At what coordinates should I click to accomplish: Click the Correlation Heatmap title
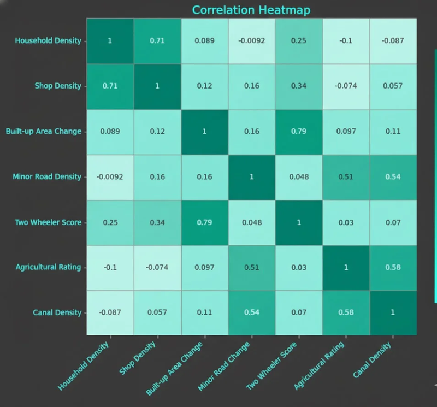[x=251, y=10]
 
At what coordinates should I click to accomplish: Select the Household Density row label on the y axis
[x=48, y=40]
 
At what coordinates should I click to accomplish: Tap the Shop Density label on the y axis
[x=58, y=86]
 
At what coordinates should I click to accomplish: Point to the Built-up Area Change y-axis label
[x=44, y=131]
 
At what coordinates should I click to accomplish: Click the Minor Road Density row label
[x=47, y=176]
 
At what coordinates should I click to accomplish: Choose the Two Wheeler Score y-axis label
[x=48, y=222]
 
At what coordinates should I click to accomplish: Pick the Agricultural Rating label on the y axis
[x=48, y=267]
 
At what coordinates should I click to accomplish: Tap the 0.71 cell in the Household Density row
[x=157, y=40]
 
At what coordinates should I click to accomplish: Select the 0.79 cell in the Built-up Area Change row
[x=298, y=131]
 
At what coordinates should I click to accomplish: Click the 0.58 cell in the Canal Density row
[x=346, y=312]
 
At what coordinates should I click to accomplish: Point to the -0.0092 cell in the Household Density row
[x=251, y=40]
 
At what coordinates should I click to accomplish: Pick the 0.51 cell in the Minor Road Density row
[x=346, y=176]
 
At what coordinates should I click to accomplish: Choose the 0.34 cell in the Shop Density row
[x=298, y=86]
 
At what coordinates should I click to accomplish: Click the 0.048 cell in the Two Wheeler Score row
[x=251, y=222]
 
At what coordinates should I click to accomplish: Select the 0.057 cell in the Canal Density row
[x=157, y=312]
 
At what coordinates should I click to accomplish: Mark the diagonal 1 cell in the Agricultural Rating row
[x=346, y=267]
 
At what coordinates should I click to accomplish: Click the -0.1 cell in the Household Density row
[x=346, y=40]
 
